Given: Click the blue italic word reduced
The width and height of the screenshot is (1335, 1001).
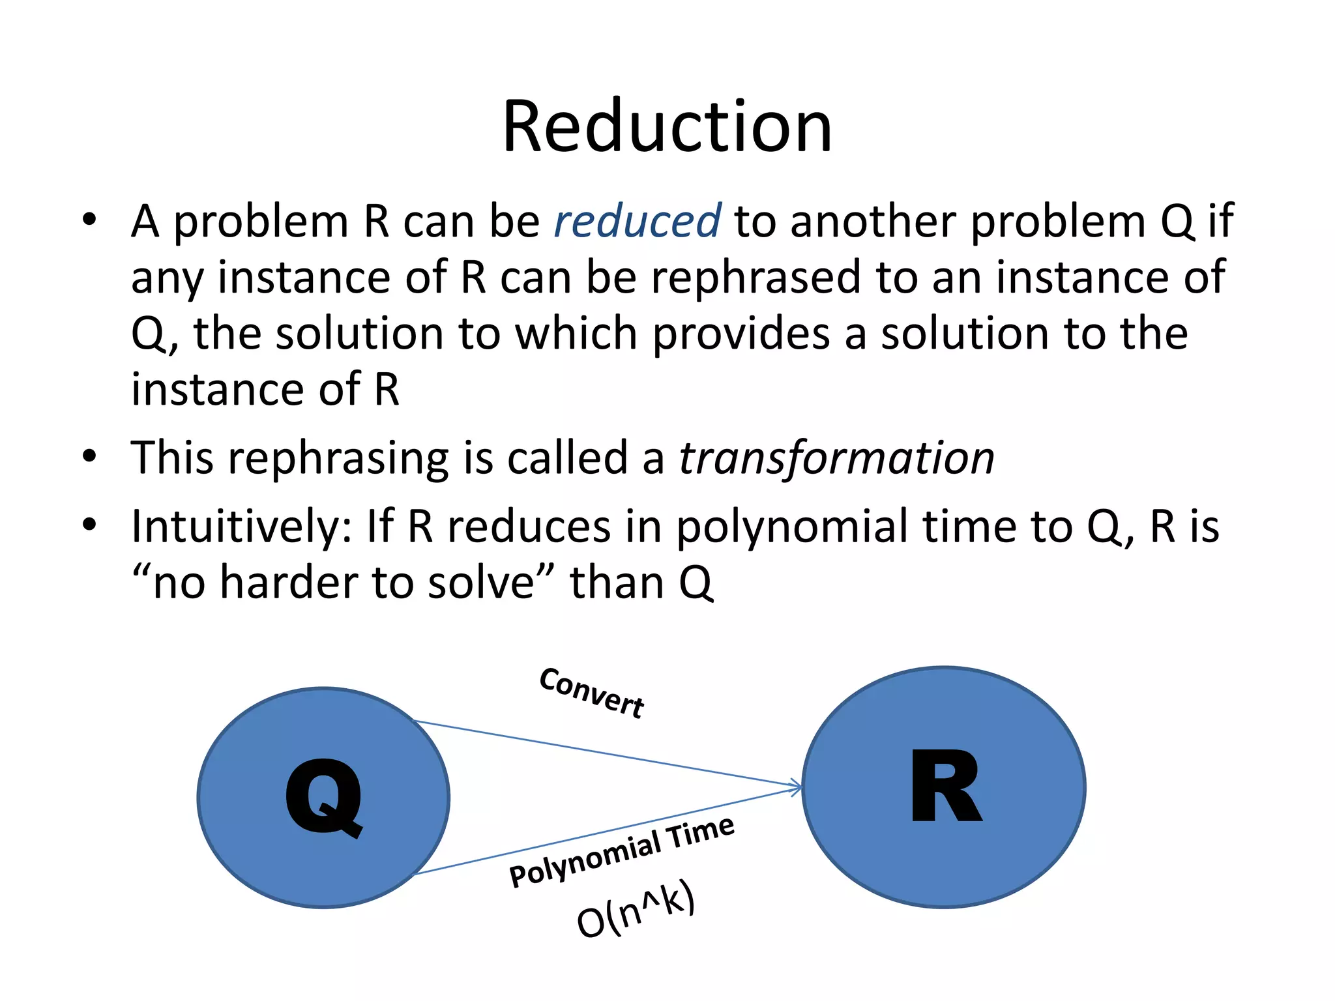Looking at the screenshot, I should click(x=637, y=221).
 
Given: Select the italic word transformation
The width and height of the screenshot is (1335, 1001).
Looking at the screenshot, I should click(x=836, y=457).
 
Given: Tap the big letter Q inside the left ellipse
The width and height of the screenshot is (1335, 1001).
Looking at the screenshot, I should click(x=324, y=798).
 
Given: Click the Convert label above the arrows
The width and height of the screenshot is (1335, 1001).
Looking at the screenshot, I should click(x=592, y=693).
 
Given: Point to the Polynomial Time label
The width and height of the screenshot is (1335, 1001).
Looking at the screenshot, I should click(x=622, y=852).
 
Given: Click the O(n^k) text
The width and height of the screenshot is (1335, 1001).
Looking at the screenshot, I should click(x=636, y=910).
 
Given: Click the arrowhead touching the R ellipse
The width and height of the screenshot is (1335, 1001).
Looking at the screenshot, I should click(x=797, y=787).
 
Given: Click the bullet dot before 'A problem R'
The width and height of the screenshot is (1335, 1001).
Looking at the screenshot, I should click(x=89, y=220).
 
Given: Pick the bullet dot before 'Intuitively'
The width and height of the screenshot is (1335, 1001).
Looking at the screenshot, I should click(x=89, y=525).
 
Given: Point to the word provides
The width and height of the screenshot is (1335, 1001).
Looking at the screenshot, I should click(x=741, y=334).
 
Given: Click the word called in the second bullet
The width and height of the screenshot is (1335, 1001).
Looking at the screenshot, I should click(x=566, y=457).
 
